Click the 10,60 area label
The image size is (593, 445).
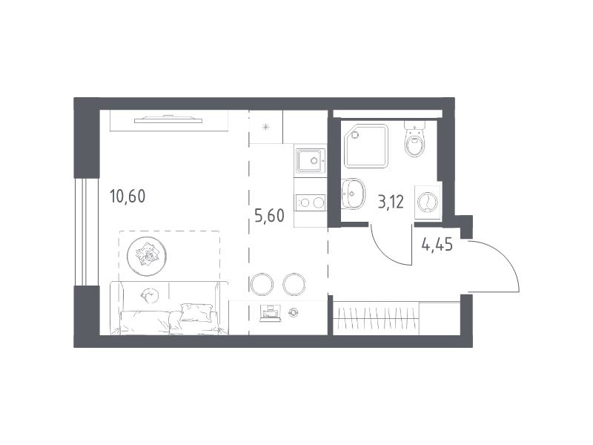[x=127, y=197]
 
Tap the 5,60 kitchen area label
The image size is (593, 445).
[x=269, y=216]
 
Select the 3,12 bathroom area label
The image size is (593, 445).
[x=391, y=202]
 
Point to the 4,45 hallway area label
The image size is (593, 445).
[x=437, y=245]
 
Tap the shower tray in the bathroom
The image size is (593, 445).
[x=366, y=145]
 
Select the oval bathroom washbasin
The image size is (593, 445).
[x=353, y=194]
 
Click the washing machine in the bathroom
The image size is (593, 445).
[x=428, y=202]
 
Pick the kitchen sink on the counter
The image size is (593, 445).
[x=311, y=161]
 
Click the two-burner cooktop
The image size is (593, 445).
[x=311, y=202]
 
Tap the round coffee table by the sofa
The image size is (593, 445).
[x=146, y=257]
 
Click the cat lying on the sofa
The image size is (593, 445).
[x=150, y=294]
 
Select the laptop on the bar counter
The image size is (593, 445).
[x=271, y=314]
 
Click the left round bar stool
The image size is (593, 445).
[x=262, y=284]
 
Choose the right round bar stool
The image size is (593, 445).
[x=294, y=284]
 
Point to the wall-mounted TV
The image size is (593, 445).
[x=168, y=119]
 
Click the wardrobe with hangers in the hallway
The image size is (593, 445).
[x=377, y=318]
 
